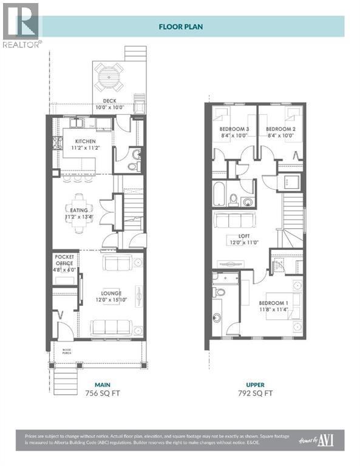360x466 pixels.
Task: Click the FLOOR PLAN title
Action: pyautogui.click(x=180, y=26)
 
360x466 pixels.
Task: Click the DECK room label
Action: pyautogui.click(x=109, y=101)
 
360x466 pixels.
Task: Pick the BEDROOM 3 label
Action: pyautogui.click(x=234, y=129)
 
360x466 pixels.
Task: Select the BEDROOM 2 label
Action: pyautogui.click(x=280, y=129)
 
